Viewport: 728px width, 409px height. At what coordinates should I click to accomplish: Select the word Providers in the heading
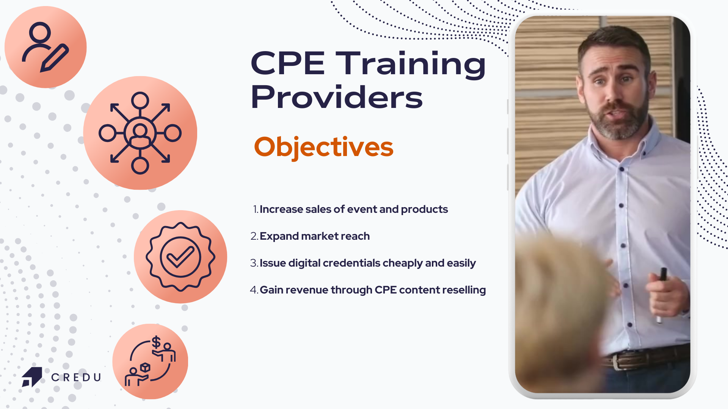coord(337,97)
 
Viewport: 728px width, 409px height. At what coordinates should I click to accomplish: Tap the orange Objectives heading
coord(324,147)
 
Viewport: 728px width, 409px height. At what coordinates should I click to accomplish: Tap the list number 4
coord(254,290)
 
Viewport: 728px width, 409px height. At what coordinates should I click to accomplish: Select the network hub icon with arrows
coord(140,133)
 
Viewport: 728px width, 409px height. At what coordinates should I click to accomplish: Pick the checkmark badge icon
coord(180,257)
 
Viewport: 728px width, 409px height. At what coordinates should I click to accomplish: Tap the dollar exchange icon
coord(150,361)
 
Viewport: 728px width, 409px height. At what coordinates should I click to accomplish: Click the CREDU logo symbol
coord(32,377)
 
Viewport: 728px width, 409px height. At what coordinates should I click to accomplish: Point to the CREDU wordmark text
coord(76,377)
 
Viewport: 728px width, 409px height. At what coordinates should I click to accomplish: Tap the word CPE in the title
coord(288,64)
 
